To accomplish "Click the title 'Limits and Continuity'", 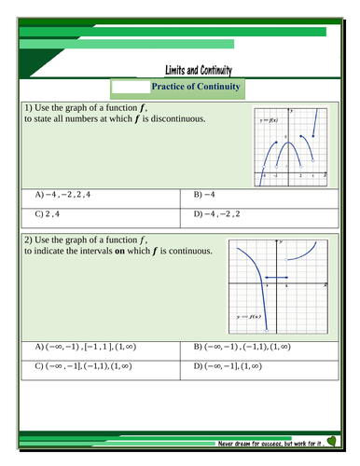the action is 198,70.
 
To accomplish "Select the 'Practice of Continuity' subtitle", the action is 196,87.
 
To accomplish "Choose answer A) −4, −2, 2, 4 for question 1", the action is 64,195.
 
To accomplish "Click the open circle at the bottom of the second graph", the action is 268,330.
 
